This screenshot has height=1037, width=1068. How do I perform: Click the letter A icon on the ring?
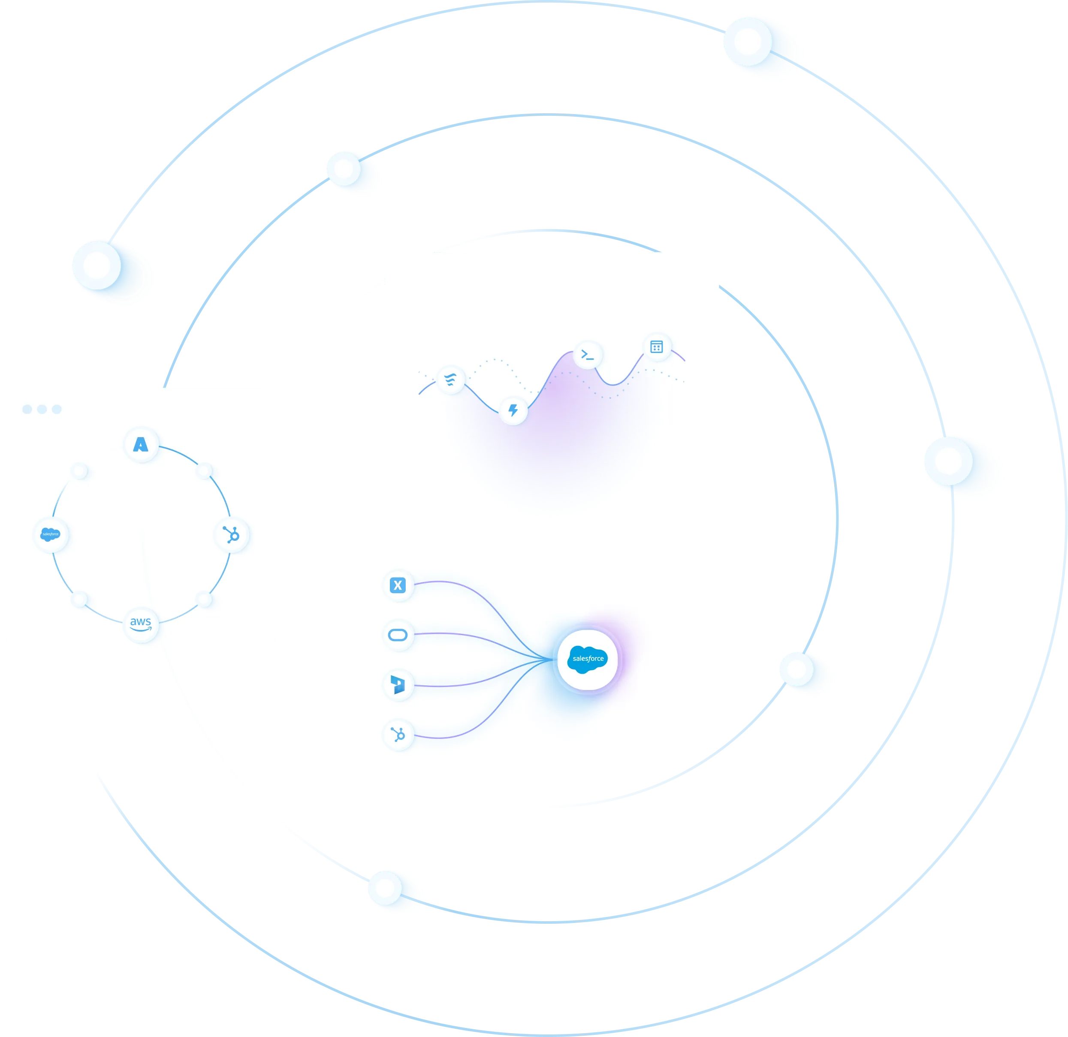141,445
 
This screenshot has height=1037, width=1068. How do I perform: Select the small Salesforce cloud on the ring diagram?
51,534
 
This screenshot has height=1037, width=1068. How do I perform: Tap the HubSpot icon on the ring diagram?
232,535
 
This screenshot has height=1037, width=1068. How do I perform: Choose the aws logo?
141,624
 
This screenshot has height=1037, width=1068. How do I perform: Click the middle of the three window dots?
42,409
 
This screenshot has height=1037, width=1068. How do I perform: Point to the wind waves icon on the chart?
451,379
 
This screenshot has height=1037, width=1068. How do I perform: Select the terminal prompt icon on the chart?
588,355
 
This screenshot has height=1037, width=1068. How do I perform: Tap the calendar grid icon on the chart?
657,347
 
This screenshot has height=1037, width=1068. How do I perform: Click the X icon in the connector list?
398,585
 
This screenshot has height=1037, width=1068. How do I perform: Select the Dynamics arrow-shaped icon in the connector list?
398,684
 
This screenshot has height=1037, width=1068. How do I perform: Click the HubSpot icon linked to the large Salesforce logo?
398,735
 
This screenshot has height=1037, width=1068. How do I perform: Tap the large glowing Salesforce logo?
588,659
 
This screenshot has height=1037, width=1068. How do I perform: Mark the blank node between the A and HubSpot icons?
204,470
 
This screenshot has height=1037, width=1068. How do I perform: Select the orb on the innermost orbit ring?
796,669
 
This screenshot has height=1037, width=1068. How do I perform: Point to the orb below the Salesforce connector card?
385,888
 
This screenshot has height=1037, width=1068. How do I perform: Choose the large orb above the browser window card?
97,265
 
